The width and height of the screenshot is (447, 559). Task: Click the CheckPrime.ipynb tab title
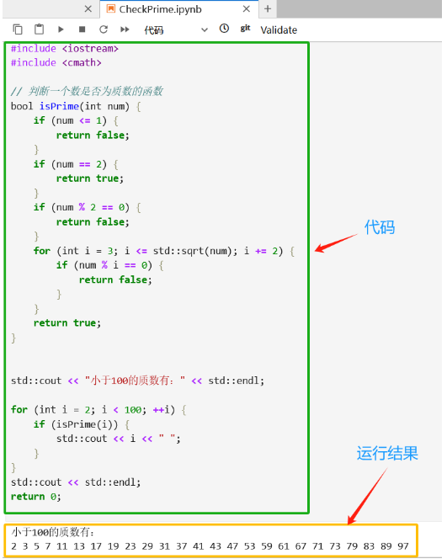coord(161,9)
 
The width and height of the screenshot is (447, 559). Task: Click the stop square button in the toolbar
coord(82,29)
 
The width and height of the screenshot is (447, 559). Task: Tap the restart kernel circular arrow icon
coord(104,29)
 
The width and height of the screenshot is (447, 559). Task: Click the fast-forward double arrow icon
coord(125,29)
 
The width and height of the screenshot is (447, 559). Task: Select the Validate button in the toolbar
coord(279,30)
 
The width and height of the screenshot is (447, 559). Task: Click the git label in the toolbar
coord(245,29)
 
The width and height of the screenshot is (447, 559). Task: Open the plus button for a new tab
coord(268,8)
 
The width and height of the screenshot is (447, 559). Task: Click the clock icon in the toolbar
coord(224,29)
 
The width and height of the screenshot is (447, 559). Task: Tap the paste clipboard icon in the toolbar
coord(40,29)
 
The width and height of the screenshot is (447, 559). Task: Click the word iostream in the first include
coord(90,49)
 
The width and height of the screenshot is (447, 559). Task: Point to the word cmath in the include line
coord(82,63)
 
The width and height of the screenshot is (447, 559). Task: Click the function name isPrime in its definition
coord(59,106)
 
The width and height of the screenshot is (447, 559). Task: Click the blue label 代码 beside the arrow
coord(380,227)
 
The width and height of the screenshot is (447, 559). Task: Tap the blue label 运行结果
coord(387,453)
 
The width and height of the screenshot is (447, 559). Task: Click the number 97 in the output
coord(403,546)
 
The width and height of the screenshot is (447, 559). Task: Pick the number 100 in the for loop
coord(133,410)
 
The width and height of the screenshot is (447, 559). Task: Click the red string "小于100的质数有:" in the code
coord(135,381)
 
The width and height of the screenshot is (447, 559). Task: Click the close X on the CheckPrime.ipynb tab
coord(247,9)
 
